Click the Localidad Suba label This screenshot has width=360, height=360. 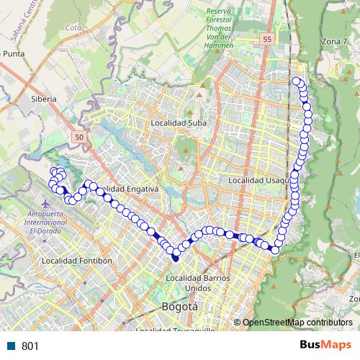click(178, 123)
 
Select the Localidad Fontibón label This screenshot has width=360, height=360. click(78, 260)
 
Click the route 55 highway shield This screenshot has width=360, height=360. click(268, 40)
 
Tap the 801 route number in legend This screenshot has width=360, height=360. click(30, 346)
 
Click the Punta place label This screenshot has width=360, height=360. click(14, 53)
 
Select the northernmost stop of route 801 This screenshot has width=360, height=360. click(295, 80)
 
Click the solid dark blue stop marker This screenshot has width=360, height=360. click(175, 258)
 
